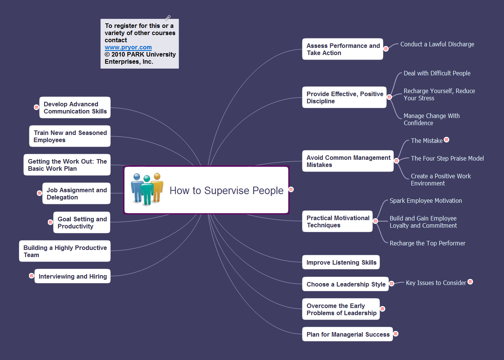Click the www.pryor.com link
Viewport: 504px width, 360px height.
128,47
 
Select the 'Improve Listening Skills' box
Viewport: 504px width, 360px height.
341,262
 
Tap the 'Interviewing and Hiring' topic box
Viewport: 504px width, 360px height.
72,276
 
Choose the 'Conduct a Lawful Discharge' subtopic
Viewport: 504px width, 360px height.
437,44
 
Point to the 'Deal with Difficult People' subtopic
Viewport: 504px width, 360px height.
437,74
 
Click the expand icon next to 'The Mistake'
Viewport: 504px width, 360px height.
447,140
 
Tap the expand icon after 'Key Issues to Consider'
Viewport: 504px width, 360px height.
470,282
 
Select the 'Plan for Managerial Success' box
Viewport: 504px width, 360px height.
347,334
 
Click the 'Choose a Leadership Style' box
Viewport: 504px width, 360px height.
345,284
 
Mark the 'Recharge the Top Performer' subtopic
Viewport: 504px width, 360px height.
428,244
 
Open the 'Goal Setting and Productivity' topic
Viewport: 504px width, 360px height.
82,222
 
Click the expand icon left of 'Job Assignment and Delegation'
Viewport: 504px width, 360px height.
39,193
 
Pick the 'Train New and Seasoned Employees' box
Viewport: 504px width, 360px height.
70,136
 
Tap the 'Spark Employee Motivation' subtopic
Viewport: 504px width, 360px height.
426,201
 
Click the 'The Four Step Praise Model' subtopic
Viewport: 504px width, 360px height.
447,159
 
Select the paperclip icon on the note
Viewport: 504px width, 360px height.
168,18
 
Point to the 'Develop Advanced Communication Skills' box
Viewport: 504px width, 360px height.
75,107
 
